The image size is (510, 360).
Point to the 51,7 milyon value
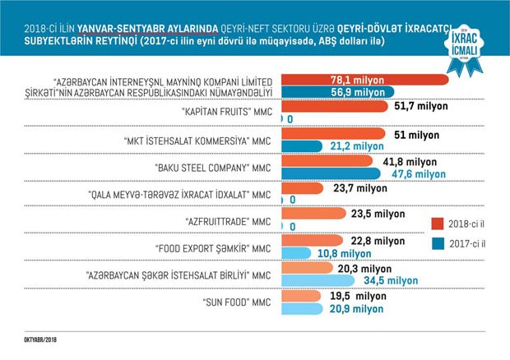coord(423,106)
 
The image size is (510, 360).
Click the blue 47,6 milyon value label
coord(415,175)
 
